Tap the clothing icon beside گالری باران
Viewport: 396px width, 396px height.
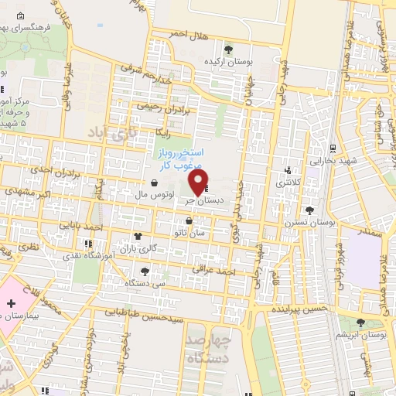138,237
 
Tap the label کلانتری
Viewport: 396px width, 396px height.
291,183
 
